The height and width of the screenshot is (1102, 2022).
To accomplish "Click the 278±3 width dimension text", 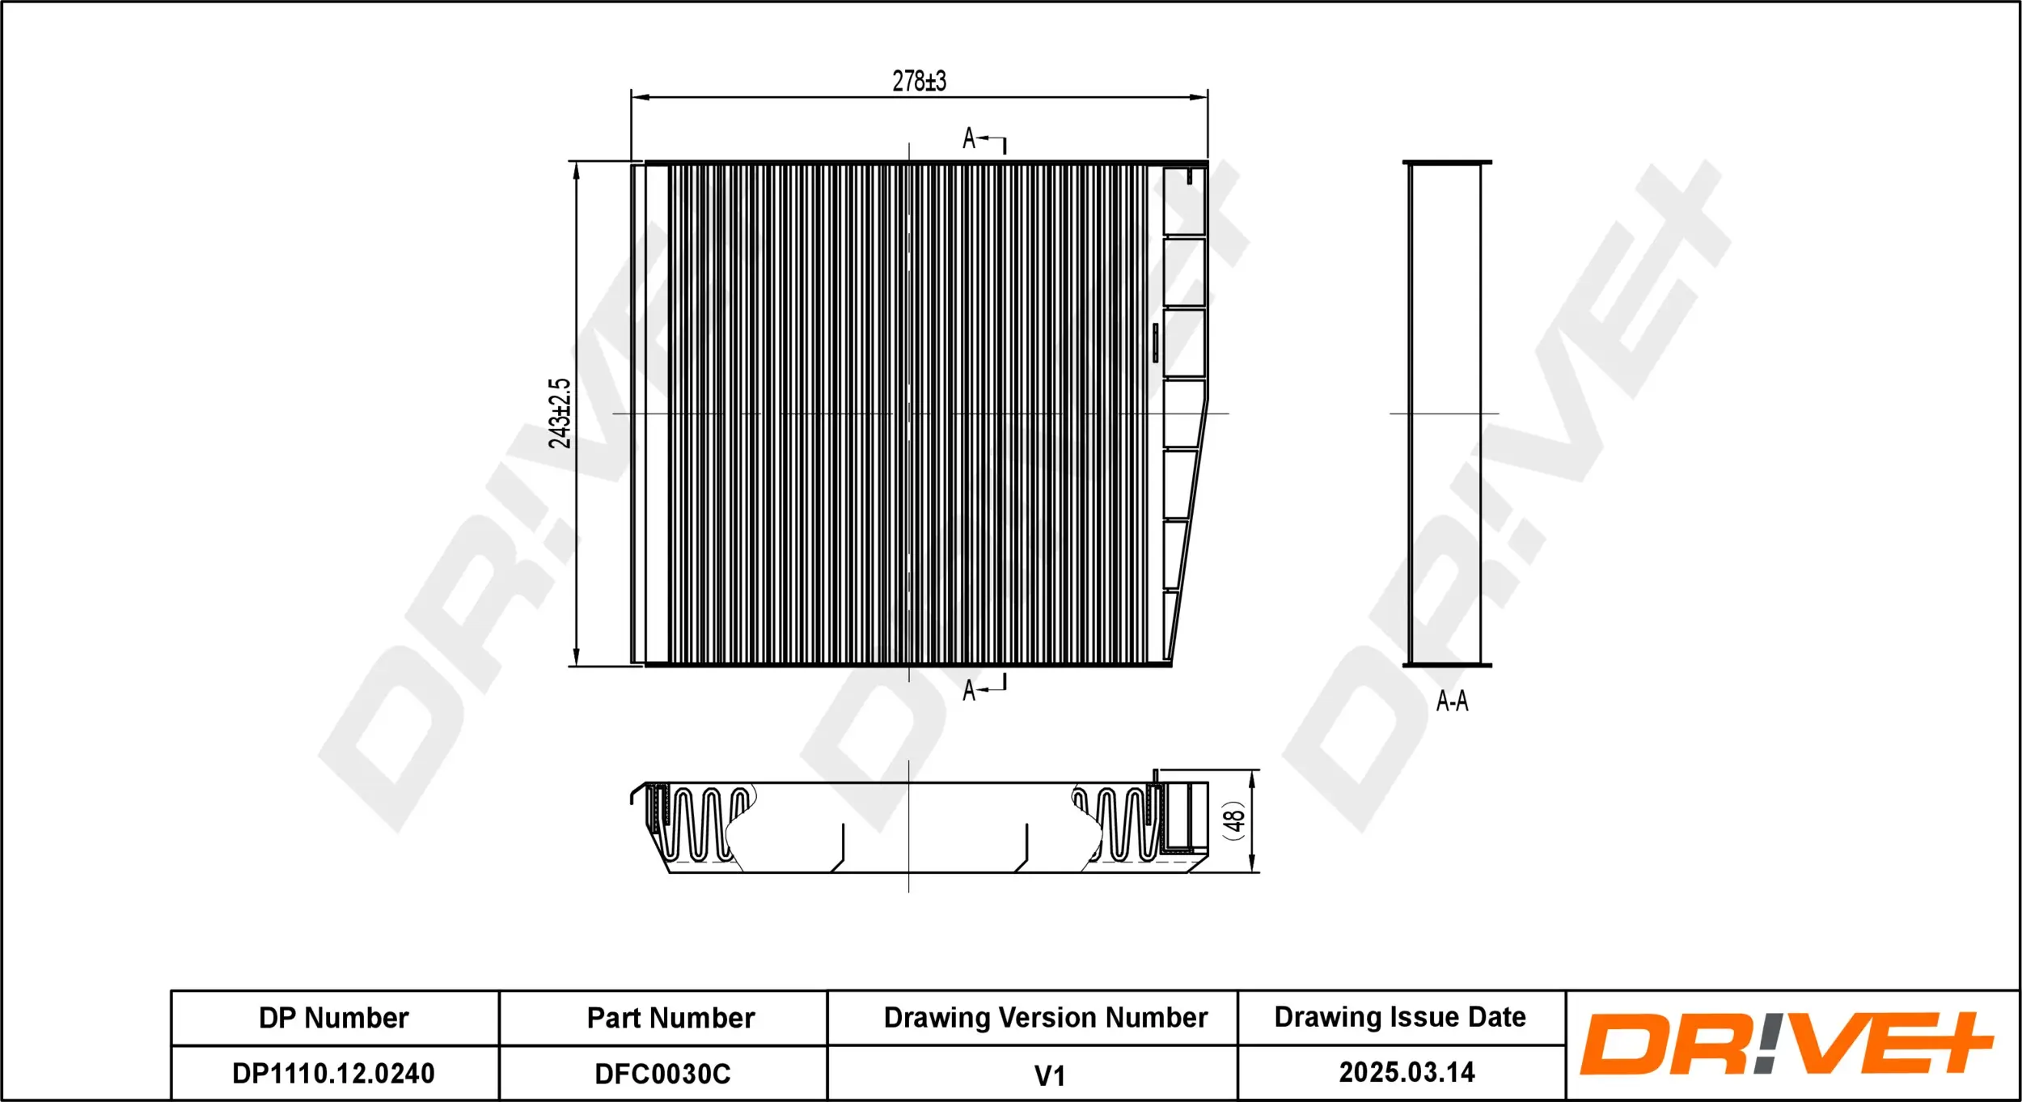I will [919, 82].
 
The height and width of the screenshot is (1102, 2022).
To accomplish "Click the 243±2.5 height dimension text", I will [560, 413].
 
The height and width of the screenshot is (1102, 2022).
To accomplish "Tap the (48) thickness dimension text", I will [1233, 820].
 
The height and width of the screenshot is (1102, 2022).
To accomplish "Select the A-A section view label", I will [1452, 701].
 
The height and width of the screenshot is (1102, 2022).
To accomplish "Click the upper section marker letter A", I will [969, 138].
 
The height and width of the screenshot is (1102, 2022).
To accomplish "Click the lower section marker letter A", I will [969, 690].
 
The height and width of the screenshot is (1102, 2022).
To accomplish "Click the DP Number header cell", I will [333, 1018].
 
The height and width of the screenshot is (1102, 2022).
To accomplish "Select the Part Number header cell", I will [670, 1018].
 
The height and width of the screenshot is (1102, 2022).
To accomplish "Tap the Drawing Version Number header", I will [1045, 1017].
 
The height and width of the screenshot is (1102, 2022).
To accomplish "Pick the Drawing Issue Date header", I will [1400, 1016].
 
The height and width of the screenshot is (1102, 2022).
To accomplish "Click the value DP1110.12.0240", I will [333, 1074].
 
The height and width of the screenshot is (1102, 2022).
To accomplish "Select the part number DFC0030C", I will [662, 1074].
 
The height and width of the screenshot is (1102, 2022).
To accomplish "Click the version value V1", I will [1049, 1076].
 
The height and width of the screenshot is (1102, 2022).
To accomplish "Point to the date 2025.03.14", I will [1407, 1072].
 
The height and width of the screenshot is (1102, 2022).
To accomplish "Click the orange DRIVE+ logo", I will [1786, 1044].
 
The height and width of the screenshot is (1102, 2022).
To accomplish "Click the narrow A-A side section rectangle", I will [1445, 413].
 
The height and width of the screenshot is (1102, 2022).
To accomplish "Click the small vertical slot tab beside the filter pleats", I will [1155, 343].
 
